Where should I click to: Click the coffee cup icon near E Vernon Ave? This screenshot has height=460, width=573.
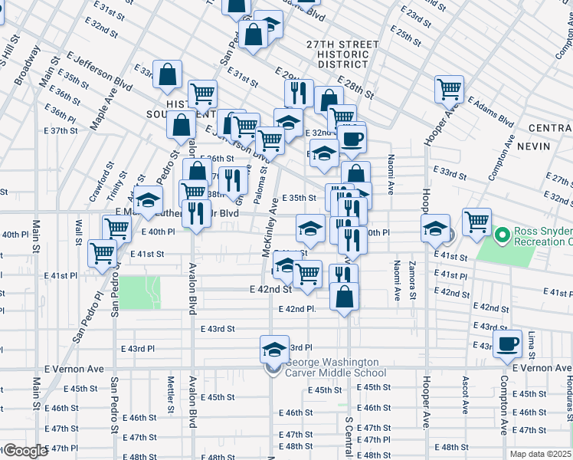pyautogui.click(x=508, y=344)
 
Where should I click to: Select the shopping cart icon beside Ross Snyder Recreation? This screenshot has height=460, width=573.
pyautogui.click(x=476, y=222)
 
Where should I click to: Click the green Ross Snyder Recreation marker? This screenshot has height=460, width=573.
pyautogui.click(x=503, y=233)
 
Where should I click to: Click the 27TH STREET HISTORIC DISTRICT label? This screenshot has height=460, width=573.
pyautogui.click(x=337, y=54)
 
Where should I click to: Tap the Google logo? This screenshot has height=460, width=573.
pyautogui.click(x=25, y=451)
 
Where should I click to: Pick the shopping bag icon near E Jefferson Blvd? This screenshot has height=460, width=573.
pyautogui.click(x=167, y=74)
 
